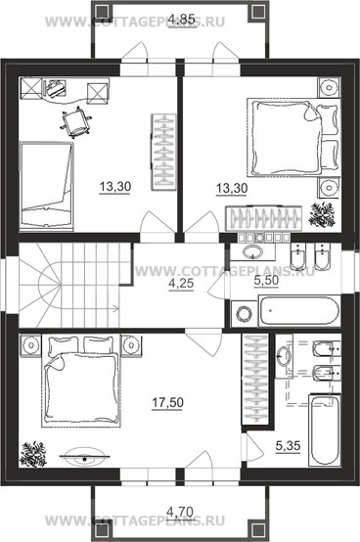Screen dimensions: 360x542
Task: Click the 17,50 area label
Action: click(167, 402)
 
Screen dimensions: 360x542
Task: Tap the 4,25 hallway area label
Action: click(181, 284)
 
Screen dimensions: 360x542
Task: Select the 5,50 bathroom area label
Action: click(266, 281)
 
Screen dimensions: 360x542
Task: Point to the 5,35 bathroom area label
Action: click(288, 446)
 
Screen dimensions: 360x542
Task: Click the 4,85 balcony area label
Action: click(182, 19)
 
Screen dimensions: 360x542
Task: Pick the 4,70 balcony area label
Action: click(180, 510)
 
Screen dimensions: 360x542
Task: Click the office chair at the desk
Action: click(76, 122)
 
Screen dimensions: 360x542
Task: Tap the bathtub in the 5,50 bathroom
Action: click(298, 310)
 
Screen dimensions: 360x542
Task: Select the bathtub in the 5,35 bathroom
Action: click(325, 430)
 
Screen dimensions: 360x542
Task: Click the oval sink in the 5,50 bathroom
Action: click(254, 251)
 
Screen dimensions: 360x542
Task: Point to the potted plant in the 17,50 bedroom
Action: click(32, 454)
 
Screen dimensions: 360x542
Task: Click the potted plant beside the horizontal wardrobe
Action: click(322, 215)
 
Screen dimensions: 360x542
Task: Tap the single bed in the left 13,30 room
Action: click(46, 186)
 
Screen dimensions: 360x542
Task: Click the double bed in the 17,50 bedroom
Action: click(81, 381)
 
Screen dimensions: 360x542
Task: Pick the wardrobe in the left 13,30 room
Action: click(163, 152)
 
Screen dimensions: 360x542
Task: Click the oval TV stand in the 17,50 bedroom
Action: click(84, 457)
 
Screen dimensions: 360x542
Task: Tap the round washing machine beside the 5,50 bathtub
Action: click(245, 314)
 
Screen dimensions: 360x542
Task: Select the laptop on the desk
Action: click(55, 88)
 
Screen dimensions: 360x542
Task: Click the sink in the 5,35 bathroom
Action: click(285, 355)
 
